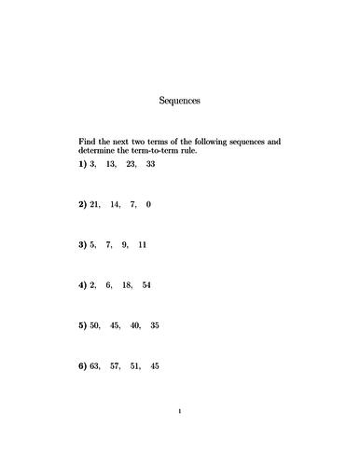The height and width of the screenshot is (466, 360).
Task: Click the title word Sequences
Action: pyautogui.click(x=180, y=98)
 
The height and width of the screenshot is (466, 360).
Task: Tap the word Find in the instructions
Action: pyautogui.click(x=88, y=142)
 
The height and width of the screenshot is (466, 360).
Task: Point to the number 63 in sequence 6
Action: pyautogui.click(x=96, y=366)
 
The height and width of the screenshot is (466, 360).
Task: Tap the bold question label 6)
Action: pyautogui.click(x=83, y=366)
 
